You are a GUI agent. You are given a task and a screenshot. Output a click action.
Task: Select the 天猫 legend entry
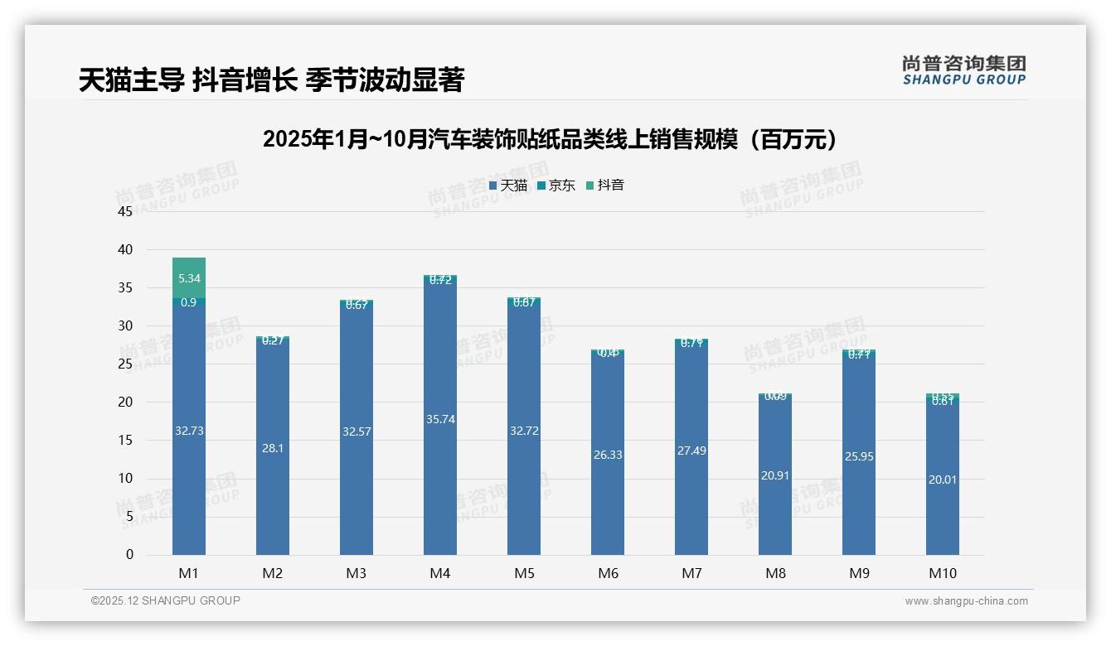508,186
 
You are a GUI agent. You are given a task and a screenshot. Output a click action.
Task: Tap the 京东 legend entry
556,186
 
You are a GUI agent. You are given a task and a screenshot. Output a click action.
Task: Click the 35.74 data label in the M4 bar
440,419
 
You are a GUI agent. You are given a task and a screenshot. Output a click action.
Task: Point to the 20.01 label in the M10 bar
943,480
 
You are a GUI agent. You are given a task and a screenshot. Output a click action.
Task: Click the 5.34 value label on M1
189,279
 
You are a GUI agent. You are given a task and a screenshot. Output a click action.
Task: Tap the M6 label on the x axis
608,573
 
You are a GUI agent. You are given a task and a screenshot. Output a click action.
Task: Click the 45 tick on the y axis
125,211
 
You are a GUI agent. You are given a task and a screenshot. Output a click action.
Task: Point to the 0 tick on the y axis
129,555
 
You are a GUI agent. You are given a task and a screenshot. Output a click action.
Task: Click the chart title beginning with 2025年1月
549,139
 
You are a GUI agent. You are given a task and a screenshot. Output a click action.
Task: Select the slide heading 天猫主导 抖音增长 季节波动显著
271,80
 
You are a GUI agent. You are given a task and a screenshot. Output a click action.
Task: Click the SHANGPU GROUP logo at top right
963,70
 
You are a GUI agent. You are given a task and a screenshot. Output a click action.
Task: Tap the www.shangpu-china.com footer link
966,601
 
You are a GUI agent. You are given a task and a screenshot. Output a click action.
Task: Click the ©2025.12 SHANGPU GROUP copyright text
166,601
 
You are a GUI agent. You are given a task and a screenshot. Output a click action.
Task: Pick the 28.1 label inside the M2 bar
273,447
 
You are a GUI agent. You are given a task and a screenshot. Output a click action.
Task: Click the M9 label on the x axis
859,573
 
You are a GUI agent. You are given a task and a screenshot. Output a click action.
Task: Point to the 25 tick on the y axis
125,364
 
